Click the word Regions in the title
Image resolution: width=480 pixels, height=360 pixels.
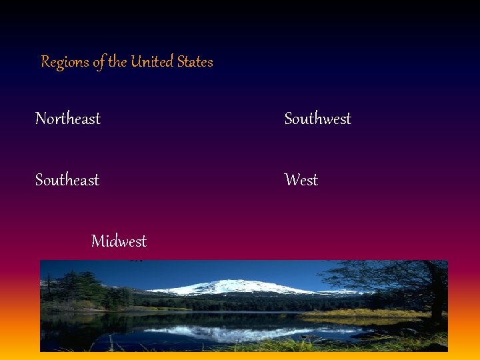tap(65, 62)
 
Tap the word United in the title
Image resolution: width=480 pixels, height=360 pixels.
tap(152, 62)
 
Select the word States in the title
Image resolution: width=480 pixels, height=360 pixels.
tap(195, 62)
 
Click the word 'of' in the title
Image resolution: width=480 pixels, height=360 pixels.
tap(99, 62)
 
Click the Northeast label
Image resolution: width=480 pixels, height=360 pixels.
tap(68, 119)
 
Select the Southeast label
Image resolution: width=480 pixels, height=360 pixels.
tap(67, 180)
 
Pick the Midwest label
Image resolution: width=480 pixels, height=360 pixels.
tap(119, 241)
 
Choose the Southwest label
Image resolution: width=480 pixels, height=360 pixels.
tap(317, 119)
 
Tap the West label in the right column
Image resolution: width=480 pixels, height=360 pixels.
tap(301, 180)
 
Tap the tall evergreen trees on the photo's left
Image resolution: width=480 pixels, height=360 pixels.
tap(77, 287)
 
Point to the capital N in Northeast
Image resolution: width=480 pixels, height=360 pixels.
tap(41, 119)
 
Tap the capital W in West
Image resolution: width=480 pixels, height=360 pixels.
tap(291, 180)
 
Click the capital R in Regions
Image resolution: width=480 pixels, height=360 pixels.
tap(46, 62)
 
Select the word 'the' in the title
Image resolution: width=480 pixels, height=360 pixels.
tap(117, 62)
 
